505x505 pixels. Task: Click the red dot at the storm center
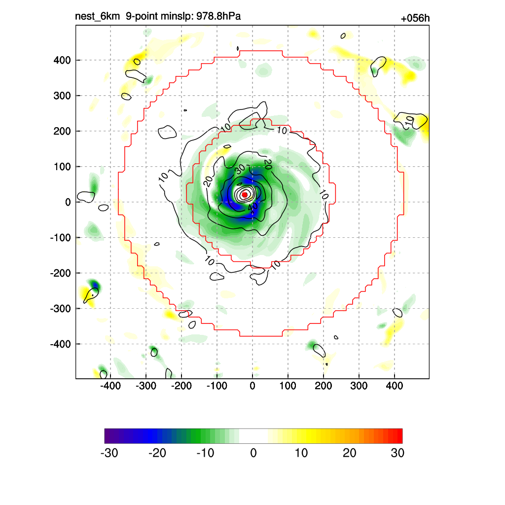pos(244,195)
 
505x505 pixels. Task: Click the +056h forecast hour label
pos(415,19)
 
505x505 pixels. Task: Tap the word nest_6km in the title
pos(97,17)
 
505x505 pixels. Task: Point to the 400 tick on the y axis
pos(62,60)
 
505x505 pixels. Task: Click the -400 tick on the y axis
pos(61,344)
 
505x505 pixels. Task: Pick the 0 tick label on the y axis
pos(68,202)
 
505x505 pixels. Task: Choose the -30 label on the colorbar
pos(109,453)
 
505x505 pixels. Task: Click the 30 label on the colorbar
pos(397,453)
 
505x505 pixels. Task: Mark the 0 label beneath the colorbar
pos(253,453)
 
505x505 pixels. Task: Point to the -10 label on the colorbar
pos(205,453)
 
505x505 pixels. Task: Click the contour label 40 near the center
pos(252,209)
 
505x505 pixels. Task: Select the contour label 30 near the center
pos(240,169)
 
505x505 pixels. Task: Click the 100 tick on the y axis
pos(62,167)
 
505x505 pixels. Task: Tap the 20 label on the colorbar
pos(350,453)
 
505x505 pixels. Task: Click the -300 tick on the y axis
pos(61,308)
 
